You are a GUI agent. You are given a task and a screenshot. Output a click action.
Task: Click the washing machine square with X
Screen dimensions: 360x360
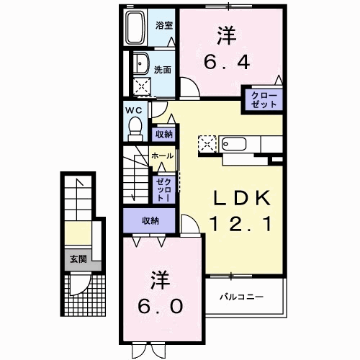[142, 87]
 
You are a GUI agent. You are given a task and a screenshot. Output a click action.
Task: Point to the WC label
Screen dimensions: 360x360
[134, 110]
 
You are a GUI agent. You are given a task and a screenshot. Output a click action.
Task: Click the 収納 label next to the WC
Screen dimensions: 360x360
[163, 134]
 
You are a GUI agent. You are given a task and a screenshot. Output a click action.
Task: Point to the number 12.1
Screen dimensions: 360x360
[240, 224]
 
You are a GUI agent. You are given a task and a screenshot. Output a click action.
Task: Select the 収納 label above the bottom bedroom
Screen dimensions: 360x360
[150, 220]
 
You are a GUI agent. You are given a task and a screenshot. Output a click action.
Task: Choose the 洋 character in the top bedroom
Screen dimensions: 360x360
[225, 33]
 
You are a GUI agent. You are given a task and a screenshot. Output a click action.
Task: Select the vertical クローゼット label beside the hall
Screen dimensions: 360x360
[163, 189]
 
